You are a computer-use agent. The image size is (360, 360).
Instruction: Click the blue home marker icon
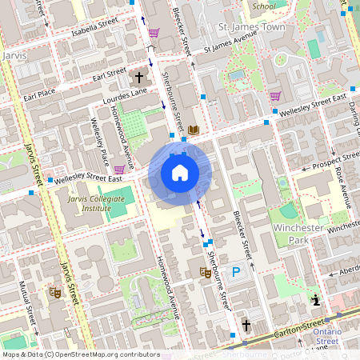coord(180,173)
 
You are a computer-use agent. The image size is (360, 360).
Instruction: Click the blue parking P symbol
coord(236,272)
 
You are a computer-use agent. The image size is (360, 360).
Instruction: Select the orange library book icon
coord(194,130)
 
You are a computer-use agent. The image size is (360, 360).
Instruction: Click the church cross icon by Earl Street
coord(139,78)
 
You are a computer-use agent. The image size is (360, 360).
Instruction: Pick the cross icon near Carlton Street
coord(246,326)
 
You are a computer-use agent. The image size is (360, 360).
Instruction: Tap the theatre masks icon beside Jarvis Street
coord(55,292)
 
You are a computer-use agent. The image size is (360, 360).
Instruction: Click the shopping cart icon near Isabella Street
coord(154,34)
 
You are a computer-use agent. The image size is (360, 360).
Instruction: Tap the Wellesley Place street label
coord(101,137)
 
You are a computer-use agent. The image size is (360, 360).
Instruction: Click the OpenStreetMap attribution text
coord(80,354)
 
